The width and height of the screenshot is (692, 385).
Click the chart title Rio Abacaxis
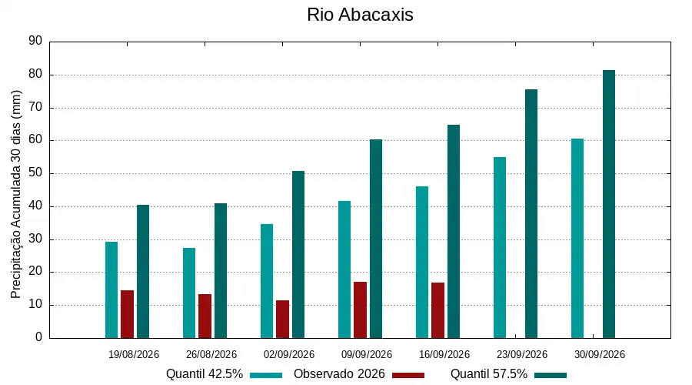pyautogui.click(x=360, y=15)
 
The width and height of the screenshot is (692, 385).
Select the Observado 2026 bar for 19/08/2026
pyautogui.click(x=127, y=314)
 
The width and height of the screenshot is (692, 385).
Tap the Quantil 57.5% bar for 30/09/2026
pyautogui.click(x=609, y=204)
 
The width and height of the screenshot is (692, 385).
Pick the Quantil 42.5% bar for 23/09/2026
pyautogui.click(x=500, y=247)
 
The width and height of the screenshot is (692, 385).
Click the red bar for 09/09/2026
pyautogui.click(x=360, y=310)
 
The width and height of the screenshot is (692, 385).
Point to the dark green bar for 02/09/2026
pyautogui.click(x=298, y=255)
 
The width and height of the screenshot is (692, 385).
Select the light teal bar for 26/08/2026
pyautogui.click(x=189, y=293)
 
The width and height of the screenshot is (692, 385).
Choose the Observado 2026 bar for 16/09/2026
pyautogui.click(x=437, y=310)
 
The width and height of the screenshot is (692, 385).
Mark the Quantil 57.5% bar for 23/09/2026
pyautogui.click(x=531, y=214)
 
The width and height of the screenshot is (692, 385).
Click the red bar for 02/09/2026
pyautogui.click(x=282, y=319)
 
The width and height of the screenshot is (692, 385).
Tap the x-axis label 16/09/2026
pyautogui.click(x=444, y=354)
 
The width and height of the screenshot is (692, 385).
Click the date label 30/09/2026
pyautogui.click(x=599, y=354)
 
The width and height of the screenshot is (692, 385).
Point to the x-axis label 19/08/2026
pyautogui.click(x=134, y=354)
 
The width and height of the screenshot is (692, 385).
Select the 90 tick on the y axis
pyautogui.click(x=35, y=41)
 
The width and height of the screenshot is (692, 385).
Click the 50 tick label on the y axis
pyautogui.click(x=35, y=172)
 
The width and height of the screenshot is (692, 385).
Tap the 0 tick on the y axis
pyautogui.click(x=39, y=337)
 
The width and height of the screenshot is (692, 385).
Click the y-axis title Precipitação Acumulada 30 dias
pyautogui.click(x=15, y=195)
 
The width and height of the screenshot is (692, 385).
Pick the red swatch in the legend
pyautogui.click(x=408, y=375)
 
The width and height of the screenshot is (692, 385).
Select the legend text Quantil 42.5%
pyautogui.click(x=205, y=374)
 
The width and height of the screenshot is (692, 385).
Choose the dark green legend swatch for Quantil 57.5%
pyautogui.click(x=551, y=375)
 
